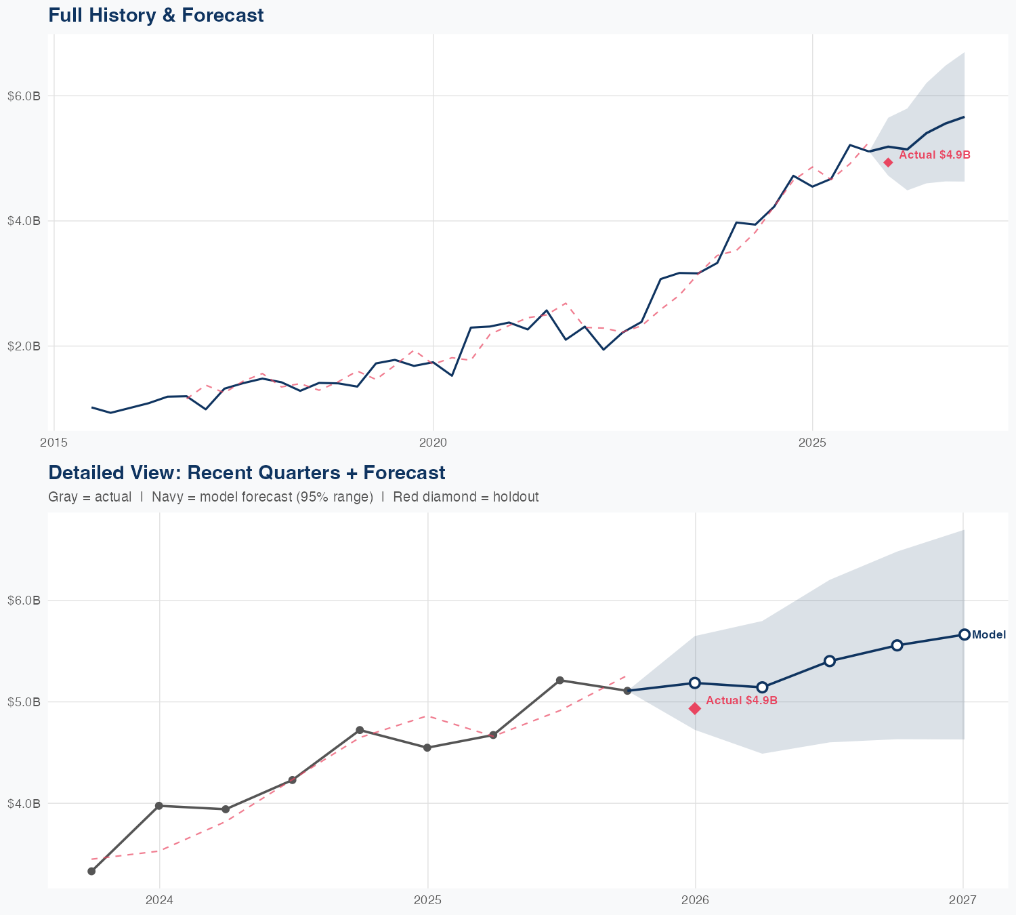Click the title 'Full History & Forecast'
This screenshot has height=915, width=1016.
tap(156, 15)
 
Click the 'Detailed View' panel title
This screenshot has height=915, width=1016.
tap(247, 472)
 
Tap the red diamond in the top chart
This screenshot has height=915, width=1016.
tap(888, 162)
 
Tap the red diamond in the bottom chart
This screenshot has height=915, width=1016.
tap(694, 708)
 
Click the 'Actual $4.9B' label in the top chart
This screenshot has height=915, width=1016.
tap(934, 155)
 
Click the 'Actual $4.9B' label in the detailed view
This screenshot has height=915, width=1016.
tap(741, 701)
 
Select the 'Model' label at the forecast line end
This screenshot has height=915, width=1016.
tap(988, 635)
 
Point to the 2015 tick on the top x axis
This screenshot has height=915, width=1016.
tap(54, 443)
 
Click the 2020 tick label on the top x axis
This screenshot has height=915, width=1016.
tap(433, 443)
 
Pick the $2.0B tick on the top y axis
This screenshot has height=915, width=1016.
tap(24, 346)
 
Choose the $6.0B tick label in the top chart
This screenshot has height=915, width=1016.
tap(24, 96)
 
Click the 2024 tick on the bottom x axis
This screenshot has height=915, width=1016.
tap(160, 900)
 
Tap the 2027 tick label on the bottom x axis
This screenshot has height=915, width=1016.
tap(962, 900)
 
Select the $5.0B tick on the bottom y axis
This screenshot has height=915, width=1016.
tap(24, 702)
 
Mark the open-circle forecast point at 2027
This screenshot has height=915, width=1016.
tap(964, 634)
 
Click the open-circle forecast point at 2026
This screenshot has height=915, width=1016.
tap(694, 683)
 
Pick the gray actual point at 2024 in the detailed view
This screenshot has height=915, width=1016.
tap(159, 806)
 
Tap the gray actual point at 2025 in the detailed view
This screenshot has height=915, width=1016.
tap(427, 748)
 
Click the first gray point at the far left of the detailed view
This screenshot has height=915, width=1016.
tap(91, 871)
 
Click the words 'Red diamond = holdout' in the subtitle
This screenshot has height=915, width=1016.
tap(465, 497)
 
